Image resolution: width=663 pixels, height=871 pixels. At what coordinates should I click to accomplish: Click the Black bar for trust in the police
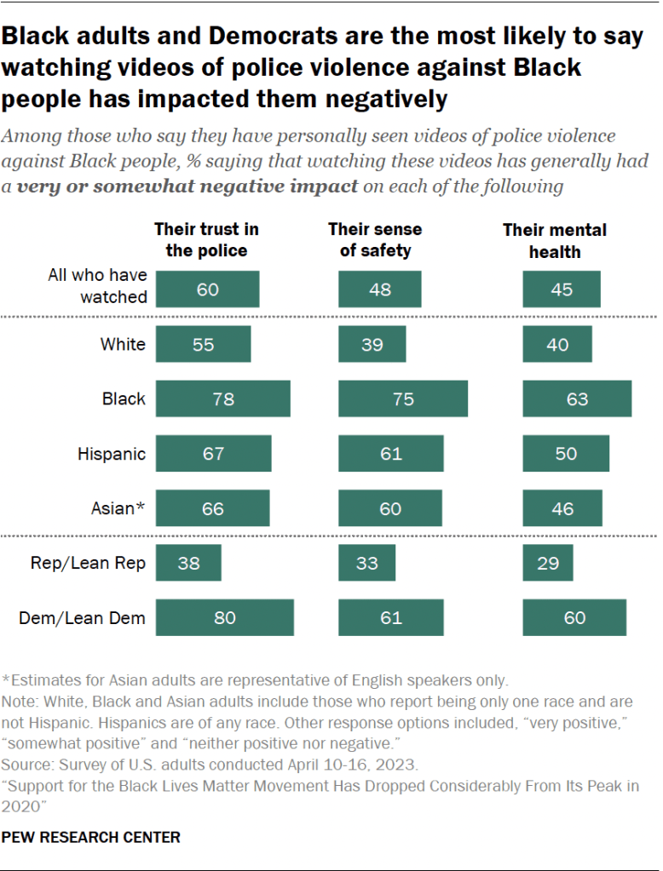[x=222, y=398]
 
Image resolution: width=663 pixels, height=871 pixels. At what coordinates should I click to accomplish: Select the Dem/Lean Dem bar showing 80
[x=224, y=617]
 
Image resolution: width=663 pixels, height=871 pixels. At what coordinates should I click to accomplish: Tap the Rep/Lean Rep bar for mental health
[x=548, y=563]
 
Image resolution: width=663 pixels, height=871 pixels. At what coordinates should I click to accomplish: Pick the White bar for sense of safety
[x=372, y=344]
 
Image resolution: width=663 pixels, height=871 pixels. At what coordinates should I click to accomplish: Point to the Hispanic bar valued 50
[x=566, y=453]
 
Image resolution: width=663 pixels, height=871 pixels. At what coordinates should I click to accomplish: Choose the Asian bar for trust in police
[x=212, y=508]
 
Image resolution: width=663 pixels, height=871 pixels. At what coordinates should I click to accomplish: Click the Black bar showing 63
[x=577, y=398]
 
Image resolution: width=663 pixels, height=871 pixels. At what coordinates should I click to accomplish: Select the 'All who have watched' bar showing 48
[x=380, y=289]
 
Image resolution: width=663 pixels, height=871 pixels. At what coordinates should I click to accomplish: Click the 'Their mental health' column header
[x=554, y=240]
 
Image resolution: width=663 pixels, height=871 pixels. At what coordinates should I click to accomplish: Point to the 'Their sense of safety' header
[x=375, y=240]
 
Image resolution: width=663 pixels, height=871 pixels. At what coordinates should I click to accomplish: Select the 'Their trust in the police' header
[x=206, y=240]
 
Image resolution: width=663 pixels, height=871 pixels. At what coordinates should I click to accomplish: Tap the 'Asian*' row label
[x=118, y=508]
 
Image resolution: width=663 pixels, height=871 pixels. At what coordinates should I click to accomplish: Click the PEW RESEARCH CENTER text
[x=90, y=837]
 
